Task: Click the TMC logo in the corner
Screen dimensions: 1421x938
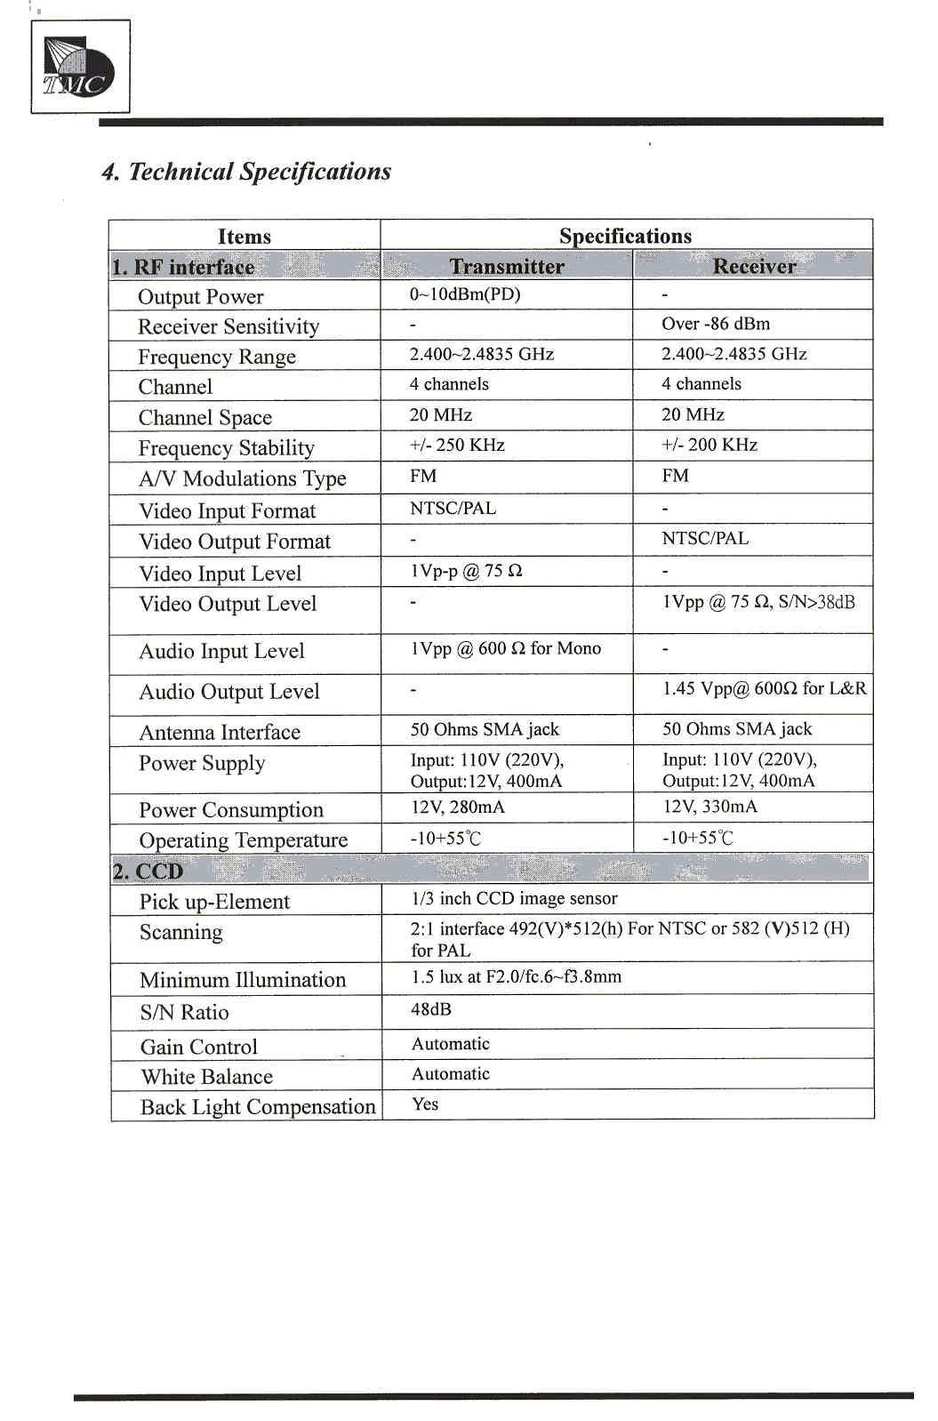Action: coord(79,67)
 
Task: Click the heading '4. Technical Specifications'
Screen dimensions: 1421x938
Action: coord(246,172)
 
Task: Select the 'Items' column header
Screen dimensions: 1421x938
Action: coord(244,236)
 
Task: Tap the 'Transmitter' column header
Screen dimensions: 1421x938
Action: coord(507,266)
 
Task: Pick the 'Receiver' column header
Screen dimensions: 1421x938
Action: coord(754,266)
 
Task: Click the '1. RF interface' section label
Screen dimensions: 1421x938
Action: coord(183,267)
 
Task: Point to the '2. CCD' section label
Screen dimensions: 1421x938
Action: coord(148,871)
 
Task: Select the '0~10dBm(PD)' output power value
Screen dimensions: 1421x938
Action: coord(465,294)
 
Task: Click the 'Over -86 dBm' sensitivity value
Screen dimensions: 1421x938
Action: coord(716,324)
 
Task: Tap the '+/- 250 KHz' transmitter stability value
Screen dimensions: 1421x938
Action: coord(457,445)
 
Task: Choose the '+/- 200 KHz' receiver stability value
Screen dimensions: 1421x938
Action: coord(710,445)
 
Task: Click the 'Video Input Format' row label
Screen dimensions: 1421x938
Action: coord(228,510)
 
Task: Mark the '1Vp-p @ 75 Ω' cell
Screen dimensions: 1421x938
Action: coord(466,571)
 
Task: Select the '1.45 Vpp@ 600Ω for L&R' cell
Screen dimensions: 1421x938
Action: coord(764,688)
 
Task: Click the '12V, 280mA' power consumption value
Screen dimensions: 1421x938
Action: coord(457,807)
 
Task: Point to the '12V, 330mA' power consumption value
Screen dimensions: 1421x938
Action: coord(710,807)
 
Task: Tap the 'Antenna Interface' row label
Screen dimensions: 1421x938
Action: coord(220,732)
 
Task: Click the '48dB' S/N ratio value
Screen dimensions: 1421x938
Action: coord(431,1009)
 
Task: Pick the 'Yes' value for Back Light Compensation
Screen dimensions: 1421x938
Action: coord(425,1104)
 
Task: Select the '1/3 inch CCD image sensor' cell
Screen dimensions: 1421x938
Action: coord(514,898)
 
